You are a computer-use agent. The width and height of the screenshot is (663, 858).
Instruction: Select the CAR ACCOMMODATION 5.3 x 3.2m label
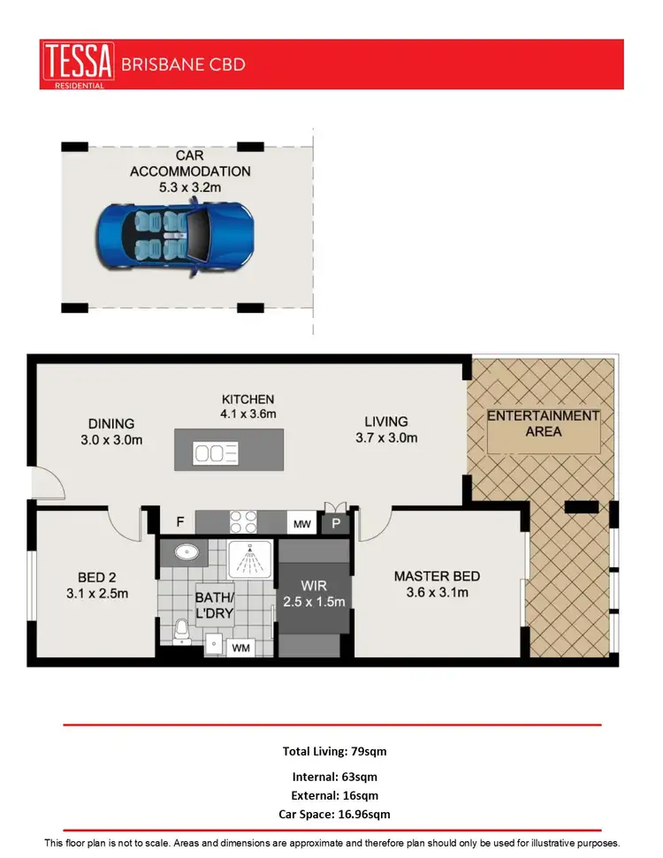pos(190,171)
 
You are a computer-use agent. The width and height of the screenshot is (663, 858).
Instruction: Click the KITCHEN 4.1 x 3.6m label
pos(248,406)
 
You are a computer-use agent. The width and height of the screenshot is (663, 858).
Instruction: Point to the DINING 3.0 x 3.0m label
pos(110,431)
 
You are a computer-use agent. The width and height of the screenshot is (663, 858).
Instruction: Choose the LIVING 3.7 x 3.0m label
pos(385,429)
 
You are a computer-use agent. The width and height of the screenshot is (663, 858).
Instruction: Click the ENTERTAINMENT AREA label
pos(543,423)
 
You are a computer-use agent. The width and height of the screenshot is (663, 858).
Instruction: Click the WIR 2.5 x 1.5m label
pos(314,594)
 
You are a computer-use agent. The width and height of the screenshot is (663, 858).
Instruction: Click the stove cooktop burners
pos(242,522)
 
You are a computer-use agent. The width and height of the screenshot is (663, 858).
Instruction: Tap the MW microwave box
pos(302,524)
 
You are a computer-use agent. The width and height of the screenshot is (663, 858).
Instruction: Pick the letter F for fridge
pos(179,522)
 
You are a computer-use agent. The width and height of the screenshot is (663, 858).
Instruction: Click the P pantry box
pos(336,524)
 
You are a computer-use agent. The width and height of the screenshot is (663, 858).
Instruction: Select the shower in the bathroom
pos(251,558)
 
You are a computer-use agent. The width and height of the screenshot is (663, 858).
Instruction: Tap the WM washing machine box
pos(240,649)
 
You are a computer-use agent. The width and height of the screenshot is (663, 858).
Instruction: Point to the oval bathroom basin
pos(187,552)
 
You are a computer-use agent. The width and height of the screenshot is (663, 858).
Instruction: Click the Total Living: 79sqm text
pos(334,751)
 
